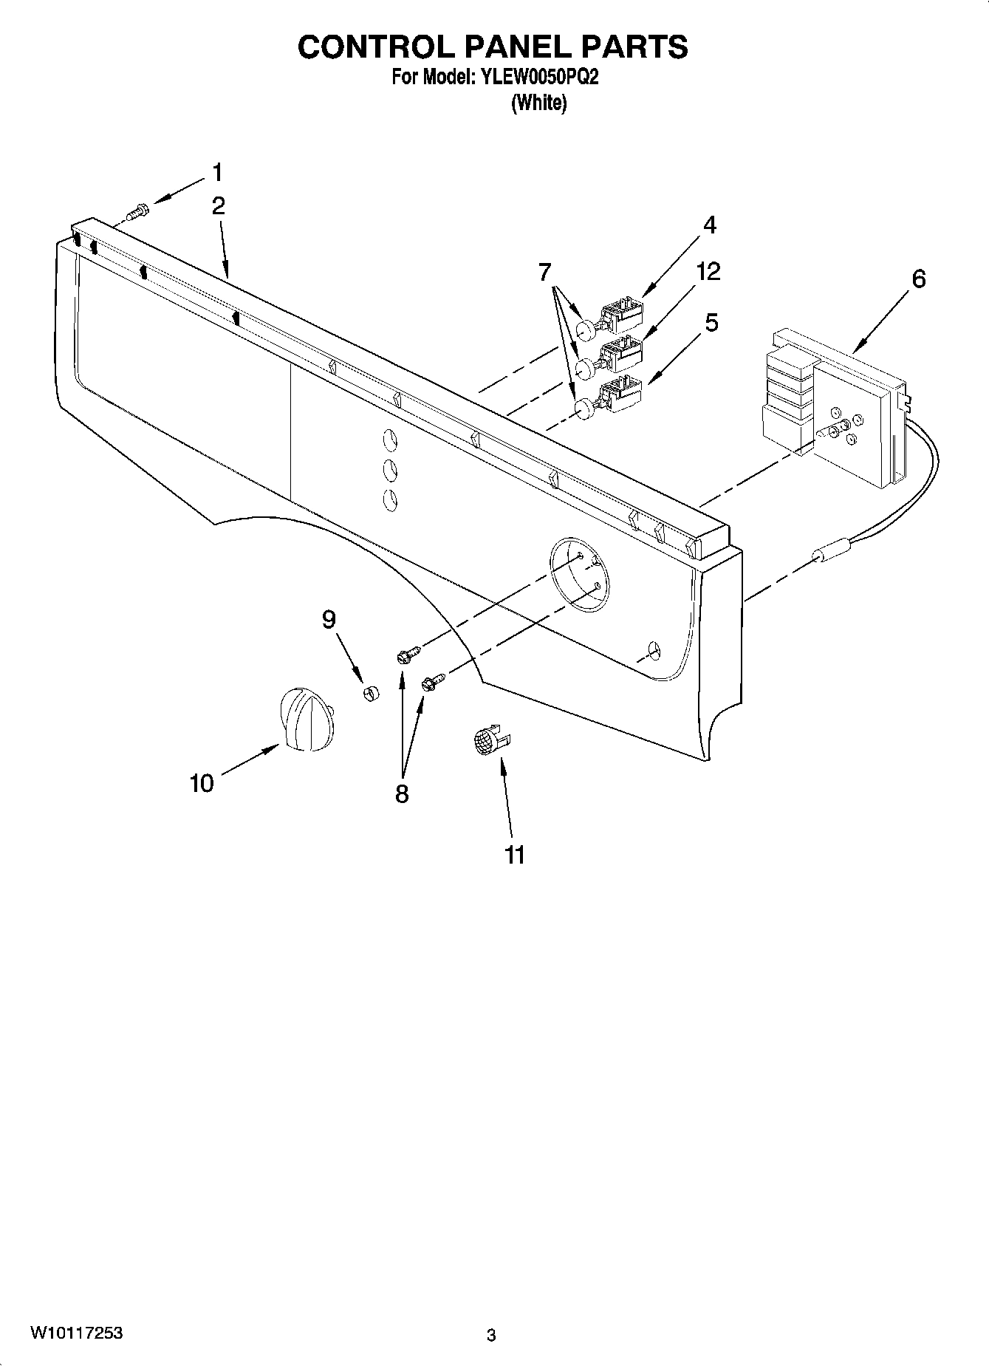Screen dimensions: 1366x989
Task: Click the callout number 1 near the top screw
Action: [x=216, y=172]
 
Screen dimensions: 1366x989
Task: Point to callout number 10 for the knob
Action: [x=202, y=783]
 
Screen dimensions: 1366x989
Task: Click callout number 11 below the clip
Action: [x=515, y=855]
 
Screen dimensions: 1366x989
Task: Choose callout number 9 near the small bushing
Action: [x=329, y=619]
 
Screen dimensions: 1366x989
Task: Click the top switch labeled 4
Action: [x=622, y=314]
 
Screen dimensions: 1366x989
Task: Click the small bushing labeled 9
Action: [x=370, y=693]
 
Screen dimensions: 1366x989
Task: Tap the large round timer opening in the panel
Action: [x=579, y=575]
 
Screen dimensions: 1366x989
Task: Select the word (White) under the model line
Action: [x=539, y=103]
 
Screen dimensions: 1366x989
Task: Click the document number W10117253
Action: [x=77, y=1333]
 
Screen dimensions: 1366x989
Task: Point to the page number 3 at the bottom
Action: [x=491, y=1335]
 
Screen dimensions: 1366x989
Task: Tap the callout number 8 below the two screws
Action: [x=402, y=794]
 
